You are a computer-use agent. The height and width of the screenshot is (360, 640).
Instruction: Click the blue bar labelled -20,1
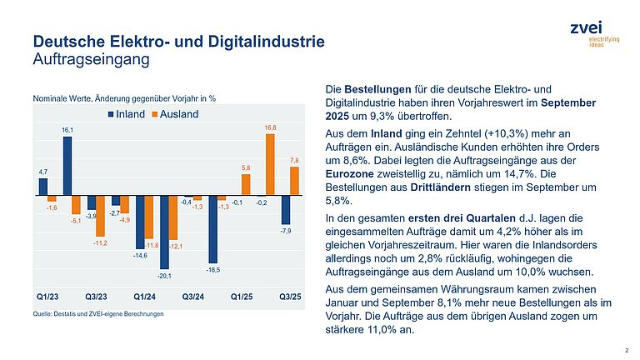point(164,232)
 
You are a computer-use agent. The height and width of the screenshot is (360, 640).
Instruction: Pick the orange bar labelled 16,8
point(270,164)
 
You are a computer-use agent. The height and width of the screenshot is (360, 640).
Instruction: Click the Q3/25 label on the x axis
point(288,296)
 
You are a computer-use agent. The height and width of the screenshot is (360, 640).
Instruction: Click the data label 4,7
point(43,172)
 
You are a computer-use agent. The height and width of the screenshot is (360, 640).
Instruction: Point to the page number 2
point(626,349)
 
